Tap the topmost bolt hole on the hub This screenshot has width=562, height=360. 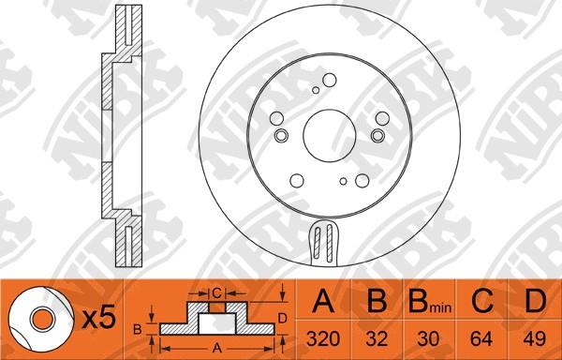point(330,80)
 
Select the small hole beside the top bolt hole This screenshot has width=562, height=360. point(316,90)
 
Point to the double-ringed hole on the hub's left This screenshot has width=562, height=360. point(281,136)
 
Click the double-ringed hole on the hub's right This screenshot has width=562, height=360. point(377,136)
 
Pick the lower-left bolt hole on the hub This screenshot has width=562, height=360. point(297,181)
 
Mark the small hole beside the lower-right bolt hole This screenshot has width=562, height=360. point(344,182)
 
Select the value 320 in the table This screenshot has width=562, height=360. point(323,338)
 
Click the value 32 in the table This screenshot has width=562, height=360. point(377,338)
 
